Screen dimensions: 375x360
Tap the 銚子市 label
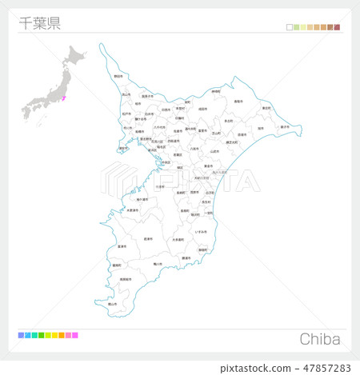coord(285,126)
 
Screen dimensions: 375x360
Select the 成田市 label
coord(202,109)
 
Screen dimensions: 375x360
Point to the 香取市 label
coord(238,102)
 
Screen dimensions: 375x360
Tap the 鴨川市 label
coord(158,264)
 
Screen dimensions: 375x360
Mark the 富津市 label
coord(122,247)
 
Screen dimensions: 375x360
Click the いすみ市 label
coord(201,231)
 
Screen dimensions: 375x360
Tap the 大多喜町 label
coord(178,239)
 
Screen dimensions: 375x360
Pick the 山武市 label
coord(214,151)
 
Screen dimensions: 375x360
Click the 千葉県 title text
coord(38,22)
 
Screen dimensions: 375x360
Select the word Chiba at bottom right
coord(320,339)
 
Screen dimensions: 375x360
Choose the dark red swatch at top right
coord(337,27)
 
